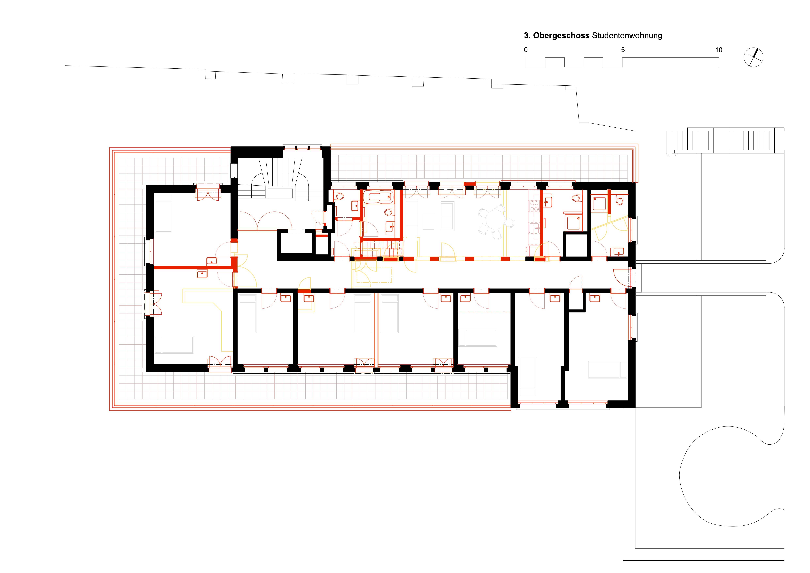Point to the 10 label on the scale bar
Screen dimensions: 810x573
click(719, 50)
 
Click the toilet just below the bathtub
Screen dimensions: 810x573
click(388, 213)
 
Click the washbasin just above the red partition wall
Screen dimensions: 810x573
click(212, 261)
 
